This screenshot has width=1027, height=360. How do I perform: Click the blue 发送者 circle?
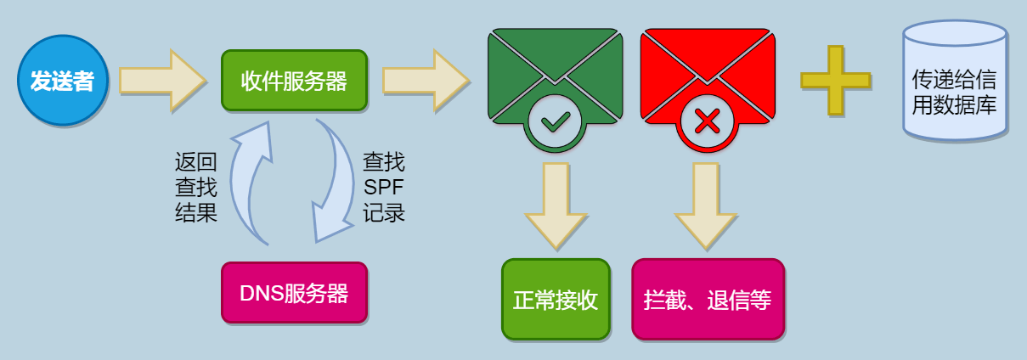click(x=63, y=80)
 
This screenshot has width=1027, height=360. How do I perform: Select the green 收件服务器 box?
click(x=295, y=81)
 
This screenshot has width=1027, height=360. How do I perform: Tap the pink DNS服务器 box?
click(x=295, y=293)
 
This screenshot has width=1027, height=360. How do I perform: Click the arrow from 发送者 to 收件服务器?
click(x=163, y=81)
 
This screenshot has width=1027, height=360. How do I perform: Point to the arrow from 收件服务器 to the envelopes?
click(x=426, y=81)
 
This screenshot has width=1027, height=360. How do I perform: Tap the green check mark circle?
click(x=555, y=121)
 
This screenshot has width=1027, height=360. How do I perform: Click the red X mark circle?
click(x=707, y=121)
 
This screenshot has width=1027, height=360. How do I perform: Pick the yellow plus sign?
click(x=836, y=80)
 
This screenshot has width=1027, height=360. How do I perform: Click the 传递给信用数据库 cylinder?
click(x=955, y=80)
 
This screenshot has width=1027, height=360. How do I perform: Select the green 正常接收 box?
click(x=556, y=300)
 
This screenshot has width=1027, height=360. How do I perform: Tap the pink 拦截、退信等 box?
click(x=708, y=300)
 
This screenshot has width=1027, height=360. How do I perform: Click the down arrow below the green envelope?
click(x=556, y=206)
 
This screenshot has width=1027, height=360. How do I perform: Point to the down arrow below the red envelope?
click(x=706, y=206)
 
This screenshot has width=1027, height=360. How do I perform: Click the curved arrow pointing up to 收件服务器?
click(x=240, y=183)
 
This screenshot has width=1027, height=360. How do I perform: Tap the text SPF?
click(x=383, y=187)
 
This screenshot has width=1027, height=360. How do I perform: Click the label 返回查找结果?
click(x=195, y=188)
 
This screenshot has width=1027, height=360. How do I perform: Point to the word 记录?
click(x=384, y=212)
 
